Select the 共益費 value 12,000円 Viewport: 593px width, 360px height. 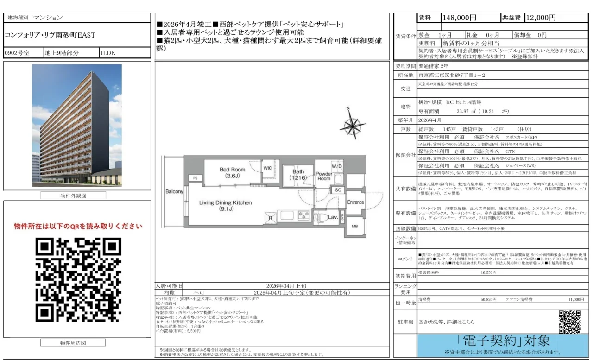(540, 18)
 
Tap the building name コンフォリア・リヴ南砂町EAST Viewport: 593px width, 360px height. (50, 35)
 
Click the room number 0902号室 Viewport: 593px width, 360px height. (17, 53)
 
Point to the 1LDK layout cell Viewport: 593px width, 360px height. (108, 53)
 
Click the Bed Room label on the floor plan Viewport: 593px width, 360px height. (232, 173)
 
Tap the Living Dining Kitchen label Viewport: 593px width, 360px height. (226, 206)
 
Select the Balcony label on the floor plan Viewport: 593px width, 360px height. (174, 191)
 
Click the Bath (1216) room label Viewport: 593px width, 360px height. (298, 175)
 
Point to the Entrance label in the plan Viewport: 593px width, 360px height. (355, 202)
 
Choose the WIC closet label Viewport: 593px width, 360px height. (268, 168)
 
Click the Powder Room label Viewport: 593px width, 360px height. (323, 176)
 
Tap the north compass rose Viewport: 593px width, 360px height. (352, 125)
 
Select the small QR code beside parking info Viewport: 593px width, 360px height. (569, 322)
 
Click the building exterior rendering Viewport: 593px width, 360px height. (77, 125)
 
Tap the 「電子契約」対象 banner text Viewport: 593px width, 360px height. (503, 341)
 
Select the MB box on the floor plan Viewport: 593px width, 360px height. (354, 227)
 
